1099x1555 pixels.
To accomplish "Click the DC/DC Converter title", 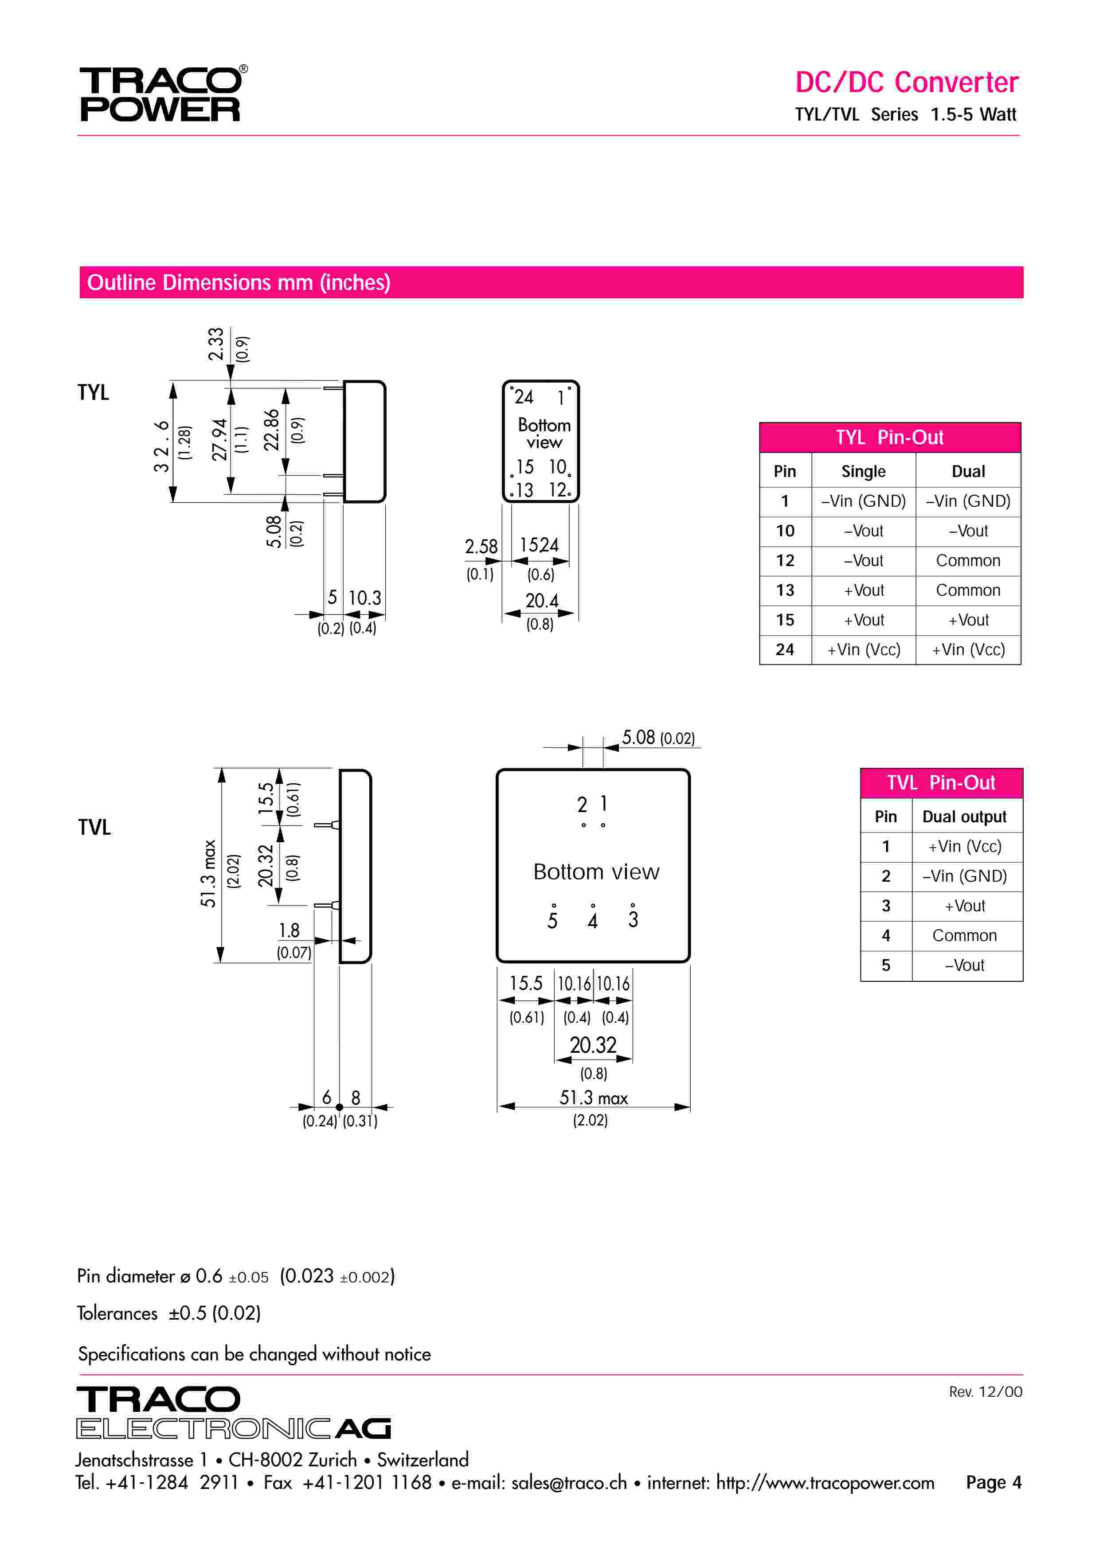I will point(906,82).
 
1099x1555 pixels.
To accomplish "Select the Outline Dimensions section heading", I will point(239,282).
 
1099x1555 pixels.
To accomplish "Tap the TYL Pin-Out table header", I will point(889,438).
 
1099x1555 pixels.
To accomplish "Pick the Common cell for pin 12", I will point(968,561).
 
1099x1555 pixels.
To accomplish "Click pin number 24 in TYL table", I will point(785,649).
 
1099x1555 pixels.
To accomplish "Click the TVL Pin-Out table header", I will point(941,783).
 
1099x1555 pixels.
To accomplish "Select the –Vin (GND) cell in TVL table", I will point(964,876).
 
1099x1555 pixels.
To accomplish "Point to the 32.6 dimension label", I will point(161,445).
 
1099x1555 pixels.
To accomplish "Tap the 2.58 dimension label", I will point(481,547).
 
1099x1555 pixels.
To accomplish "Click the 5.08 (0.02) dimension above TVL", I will point(657,738).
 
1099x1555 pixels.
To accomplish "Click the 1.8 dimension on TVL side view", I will point(289,930).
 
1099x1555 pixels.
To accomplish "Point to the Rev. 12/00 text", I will point(985,1392).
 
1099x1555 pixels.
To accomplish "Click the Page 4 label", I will point(993,1483).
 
